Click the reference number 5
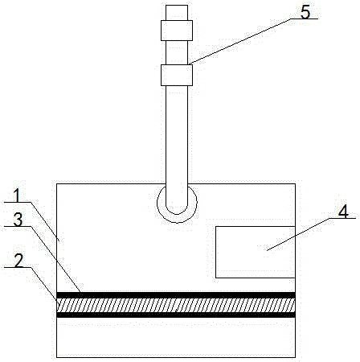click(305, 12)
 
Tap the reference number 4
click(343, 212)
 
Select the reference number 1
click(18, 195)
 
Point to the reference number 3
click(18, 220)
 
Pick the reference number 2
click(18, 261)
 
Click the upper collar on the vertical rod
click(177, 31)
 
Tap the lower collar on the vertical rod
click(177, 75)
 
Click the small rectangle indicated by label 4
click(256, 252)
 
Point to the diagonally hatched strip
click(176, 305)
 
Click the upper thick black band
click(176, 295)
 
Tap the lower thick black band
click(176, 315)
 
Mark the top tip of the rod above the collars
click(177, 6)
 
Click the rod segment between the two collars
click(177, 52)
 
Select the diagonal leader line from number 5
click(239, 42)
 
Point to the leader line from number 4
click(298, 234)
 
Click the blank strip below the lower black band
click(176, 337)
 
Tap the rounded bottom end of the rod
click(177, 214)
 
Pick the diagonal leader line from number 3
click(55, 259)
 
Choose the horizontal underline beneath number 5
click(305, 19)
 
